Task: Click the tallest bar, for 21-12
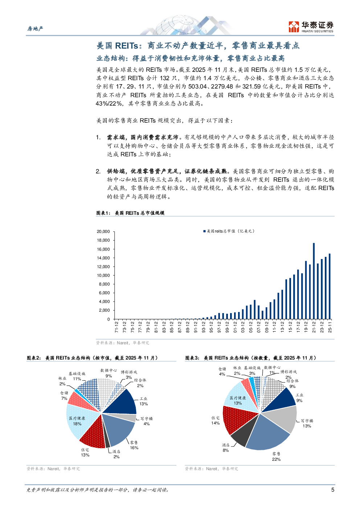pyautogui.click(x=314, y=281)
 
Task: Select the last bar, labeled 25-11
pyautogui.click(x=330, y=287)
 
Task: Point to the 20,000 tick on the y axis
pyautogui.click(x=103, y=232)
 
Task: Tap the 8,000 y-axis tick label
pyautogui.click(x=105, y=284)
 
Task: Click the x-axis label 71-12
pyautogui.click(x=116, y=327)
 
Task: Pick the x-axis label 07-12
pyautogui.click(x=259, y=327)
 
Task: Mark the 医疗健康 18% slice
pyautogui.click(x=78, y=421)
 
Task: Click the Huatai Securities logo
pyautogui.click(x=311, y=27)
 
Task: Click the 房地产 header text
pyautogui.click(x=35, y=29)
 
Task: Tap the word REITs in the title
pyautogui.click(x=126, y=46)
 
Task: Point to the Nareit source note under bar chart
pyautogui.click(x=122, y=343)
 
